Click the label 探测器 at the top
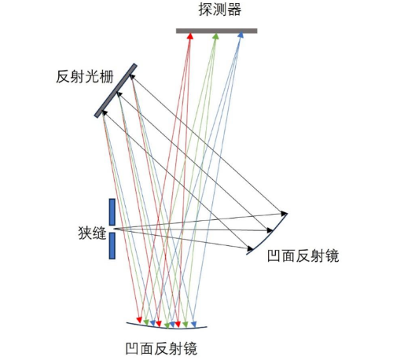[x=219, y=10]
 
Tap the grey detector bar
[x=216, y=31]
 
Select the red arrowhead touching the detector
[x=190, y=36]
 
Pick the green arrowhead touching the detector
[x=215, y=36]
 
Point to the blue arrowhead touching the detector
[x=241, y=35]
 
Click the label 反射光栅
[x=85, y=77]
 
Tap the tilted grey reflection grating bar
[x=116, y=90]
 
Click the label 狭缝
[x=92, y=233]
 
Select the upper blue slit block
[x=112, y=212]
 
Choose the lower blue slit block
[x=112, y=246]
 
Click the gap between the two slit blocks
[x=112, y=229]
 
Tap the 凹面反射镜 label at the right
[x=303, y=255]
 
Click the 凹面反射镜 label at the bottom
[x=161, y=348]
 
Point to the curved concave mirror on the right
[x=270, y=234]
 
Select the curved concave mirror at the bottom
[x=167, y=326]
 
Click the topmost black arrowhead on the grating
[x=133, y=77]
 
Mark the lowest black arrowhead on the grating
[x=105, y=113]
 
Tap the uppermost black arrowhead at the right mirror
[x=284, y=213]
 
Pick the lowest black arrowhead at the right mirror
[x=251, y=248]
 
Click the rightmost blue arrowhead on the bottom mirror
[x=193, y=325]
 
